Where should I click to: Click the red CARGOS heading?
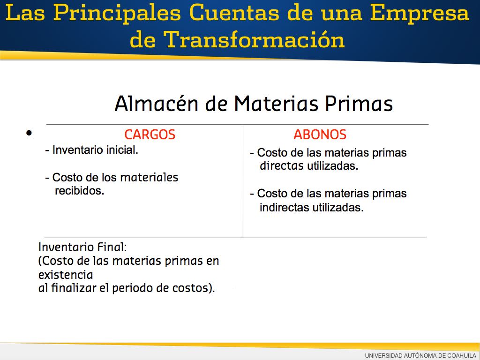tap(150, 135)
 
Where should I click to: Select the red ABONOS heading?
tap(320, 135)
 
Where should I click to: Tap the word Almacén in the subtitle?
tap(157, 104)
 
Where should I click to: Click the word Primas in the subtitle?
tap(359, 104)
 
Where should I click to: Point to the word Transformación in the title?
tap(254, 39)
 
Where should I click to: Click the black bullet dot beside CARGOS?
tap(29, 133)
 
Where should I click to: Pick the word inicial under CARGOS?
tap(122, 150)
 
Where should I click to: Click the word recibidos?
tap(80, 191)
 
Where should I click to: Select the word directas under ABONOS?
tap(282, 166)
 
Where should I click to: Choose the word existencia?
tap(66, 275)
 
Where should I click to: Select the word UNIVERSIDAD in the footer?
tap(383, 355)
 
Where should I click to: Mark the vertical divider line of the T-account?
tap(243, 180)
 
